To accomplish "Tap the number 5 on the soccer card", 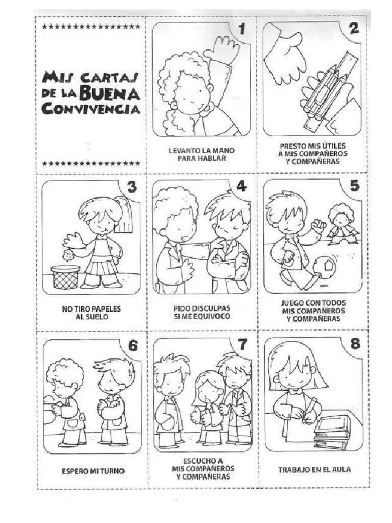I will click(x=352, y=186).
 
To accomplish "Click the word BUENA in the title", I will click(x=119, y=93).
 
